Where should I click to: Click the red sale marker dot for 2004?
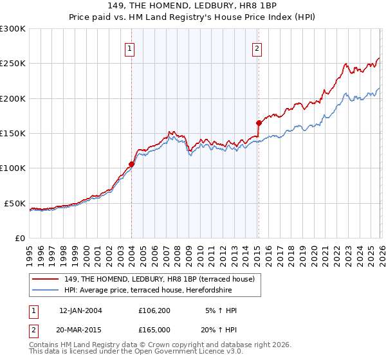click(131, 164)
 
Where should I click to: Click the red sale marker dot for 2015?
click(258, 123)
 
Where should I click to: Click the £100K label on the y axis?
click(13, 168)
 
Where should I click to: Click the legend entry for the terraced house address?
click(160, 279)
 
